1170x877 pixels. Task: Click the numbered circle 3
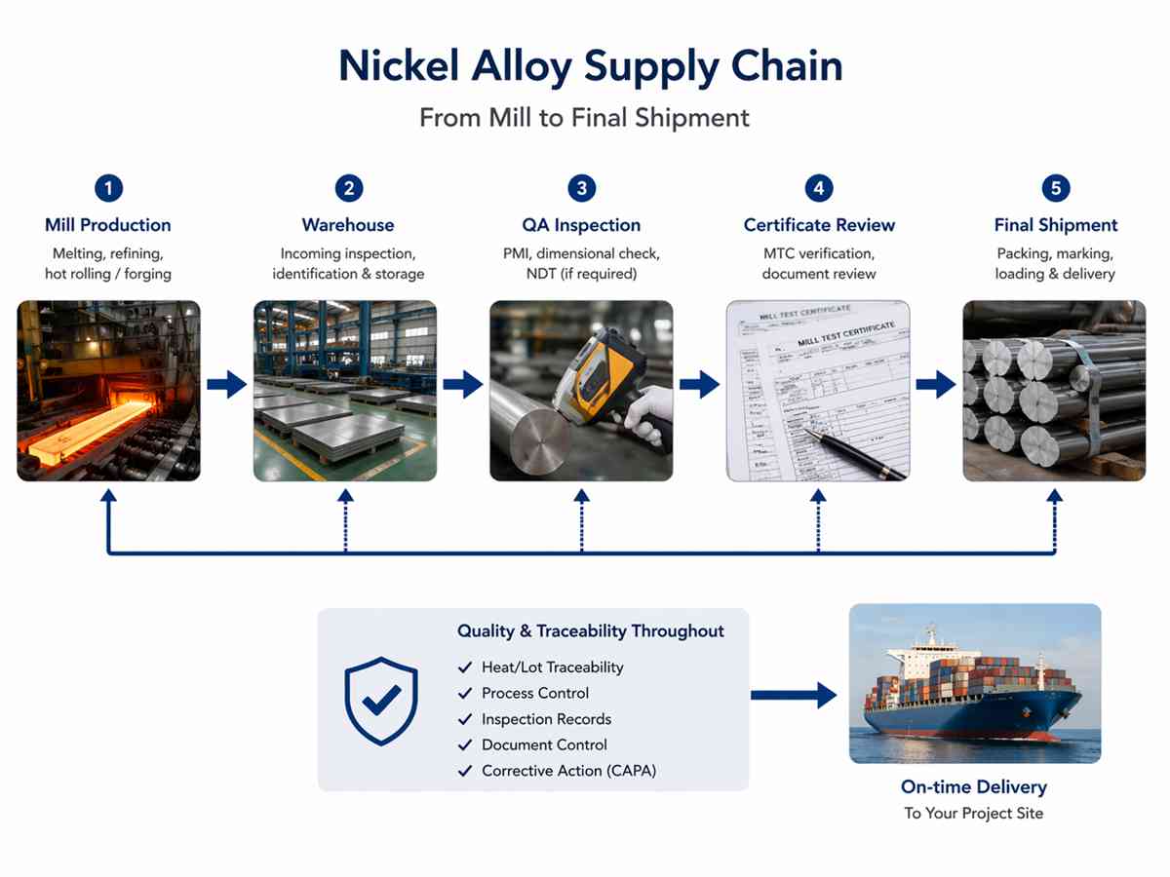(x=582, y=188)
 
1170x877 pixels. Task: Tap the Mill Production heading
(x=108, y=225)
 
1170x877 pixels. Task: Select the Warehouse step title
(x=348, y=225)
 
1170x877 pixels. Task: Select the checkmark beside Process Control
(x=465, y=693)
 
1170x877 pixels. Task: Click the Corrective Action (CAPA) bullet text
(x=568, y=771)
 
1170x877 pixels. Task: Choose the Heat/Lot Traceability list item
(x=552, y=667)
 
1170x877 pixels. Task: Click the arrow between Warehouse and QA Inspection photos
(x=463, y=385)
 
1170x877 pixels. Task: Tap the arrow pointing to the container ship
(x=794, y=695)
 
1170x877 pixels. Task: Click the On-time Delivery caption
(x=974, y=787)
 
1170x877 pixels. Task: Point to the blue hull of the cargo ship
(x=975, y=716)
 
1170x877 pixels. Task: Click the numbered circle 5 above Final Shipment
(x=1055, y=188)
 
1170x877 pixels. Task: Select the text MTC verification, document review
(x=818, y=264)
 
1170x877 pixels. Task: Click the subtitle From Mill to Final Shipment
(x=585, y=118)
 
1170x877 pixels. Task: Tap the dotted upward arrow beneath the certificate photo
(x=818, y=521)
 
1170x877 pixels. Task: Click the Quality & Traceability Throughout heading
(x=591, y=631)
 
